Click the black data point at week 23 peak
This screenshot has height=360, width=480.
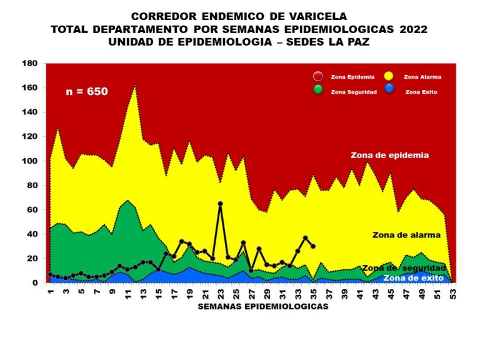[220, 204]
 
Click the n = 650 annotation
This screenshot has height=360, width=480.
[87, 91]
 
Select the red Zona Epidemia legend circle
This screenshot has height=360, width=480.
[318, 77]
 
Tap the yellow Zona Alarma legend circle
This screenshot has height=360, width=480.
[389, 77]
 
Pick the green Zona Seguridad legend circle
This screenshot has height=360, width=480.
[318, 89]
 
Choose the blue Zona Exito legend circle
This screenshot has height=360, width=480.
[389, 89]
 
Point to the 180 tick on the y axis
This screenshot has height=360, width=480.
[29, 64]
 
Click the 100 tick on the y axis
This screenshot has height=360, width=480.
[29, 161]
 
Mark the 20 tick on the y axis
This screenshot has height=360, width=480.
[32, 258]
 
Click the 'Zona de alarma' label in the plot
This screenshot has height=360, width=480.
[406, 235]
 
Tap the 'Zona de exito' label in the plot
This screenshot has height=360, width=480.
[413, 277]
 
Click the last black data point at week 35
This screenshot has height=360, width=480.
[313, 246]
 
